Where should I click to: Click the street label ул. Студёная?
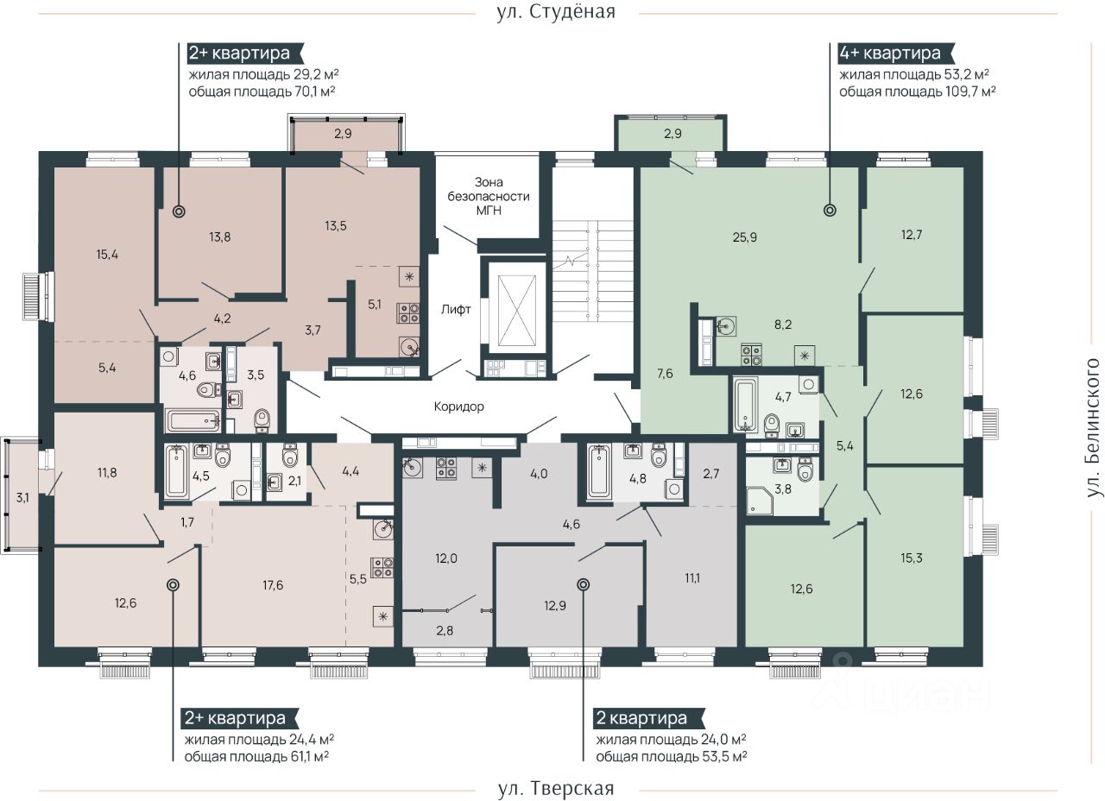point(557,12)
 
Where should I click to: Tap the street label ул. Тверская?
point(556,788)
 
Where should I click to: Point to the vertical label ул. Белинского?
point(1093,427)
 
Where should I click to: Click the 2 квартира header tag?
point(647,718)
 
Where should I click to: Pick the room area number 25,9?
point(744,237)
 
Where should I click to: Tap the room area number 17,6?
point(273,585)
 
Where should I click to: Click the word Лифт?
point(456,309)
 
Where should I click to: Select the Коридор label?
point(458,407)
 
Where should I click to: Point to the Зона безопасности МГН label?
point(489,196)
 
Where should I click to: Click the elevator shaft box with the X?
point(517,311)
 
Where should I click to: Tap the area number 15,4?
point(107,255)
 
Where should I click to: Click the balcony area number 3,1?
point(22,498)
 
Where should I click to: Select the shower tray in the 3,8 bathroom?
point(759,500)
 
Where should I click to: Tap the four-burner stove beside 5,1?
point(408,312)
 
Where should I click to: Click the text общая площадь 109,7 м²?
point(917,91)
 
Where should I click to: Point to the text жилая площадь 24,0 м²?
point(671,740)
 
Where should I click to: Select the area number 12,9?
point(555,606)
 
